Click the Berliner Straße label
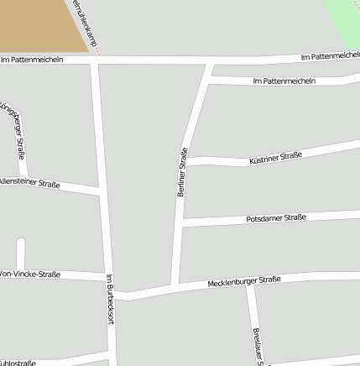point(181,172)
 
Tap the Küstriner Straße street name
point(275,157)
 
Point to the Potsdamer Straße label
point(276,218)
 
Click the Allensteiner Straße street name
point(29,181)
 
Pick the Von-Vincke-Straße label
point(29,274)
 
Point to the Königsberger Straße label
point(14,131)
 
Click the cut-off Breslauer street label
point(256,346)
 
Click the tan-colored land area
point(38,24)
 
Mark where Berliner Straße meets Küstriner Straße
point(185,161)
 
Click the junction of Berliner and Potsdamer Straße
point(182,222)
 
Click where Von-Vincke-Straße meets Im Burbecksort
point(107,277)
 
